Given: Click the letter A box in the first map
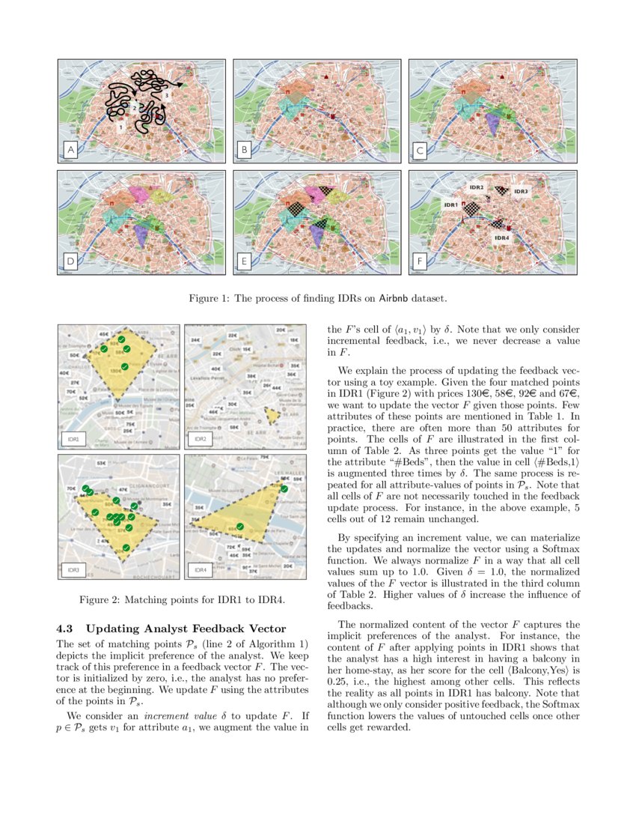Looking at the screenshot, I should pos(71,151).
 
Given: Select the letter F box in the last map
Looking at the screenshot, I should pos(421,262).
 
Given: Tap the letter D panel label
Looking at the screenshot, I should pos(71,262).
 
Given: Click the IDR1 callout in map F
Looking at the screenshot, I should pos(451,205).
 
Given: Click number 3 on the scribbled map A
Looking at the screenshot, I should pos(166,97).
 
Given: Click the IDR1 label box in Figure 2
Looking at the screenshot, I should pos(73,438).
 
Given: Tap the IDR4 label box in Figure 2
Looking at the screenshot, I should pos(199,571).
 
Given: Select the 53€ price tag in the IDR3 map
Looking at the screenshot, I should pos(101,464).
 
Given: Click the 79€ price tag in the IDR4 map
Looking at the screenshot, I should pos(265,457).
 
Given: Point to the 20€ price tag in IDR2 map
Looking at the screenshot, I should pos(280,330).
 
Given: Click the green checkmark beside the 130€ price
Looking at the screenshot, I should pos(125,366).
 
